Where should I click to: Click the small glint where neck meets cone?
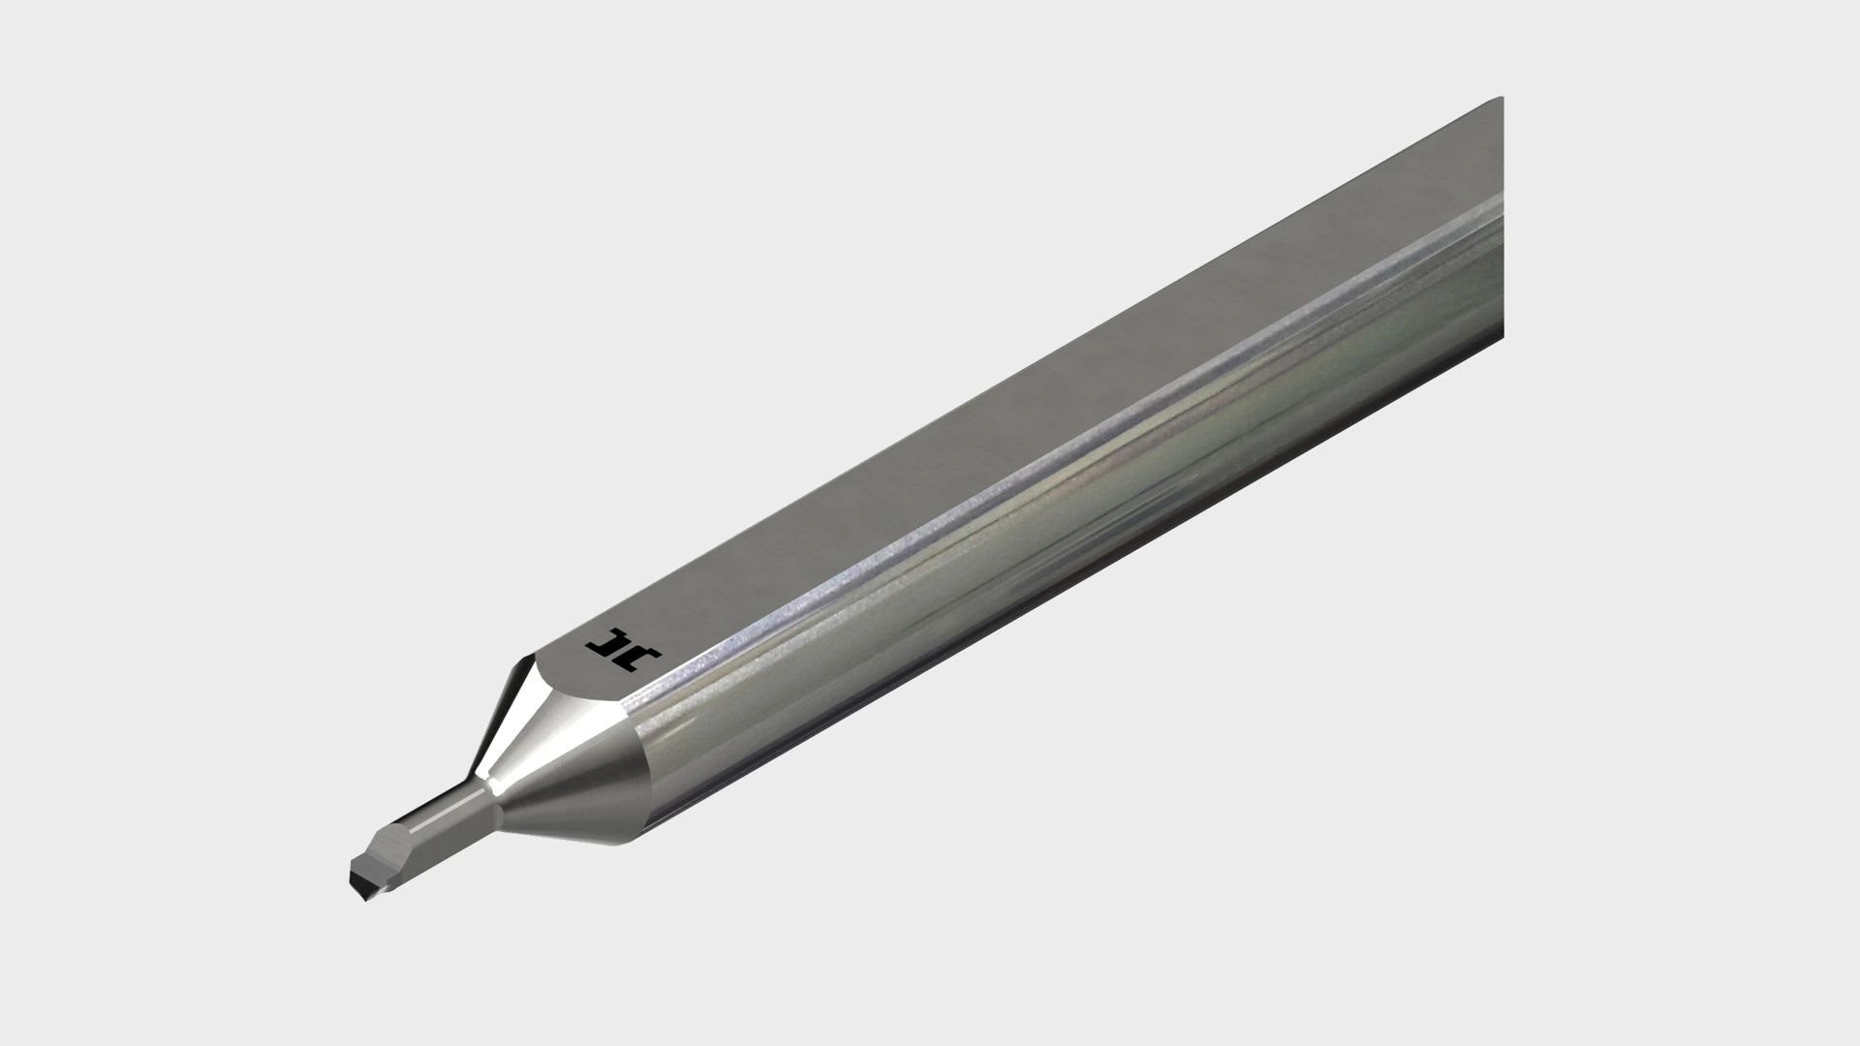490,774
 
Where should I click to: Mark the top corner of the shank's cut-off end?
1500,99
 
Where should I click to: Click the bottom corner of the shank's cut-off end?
1503,339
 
